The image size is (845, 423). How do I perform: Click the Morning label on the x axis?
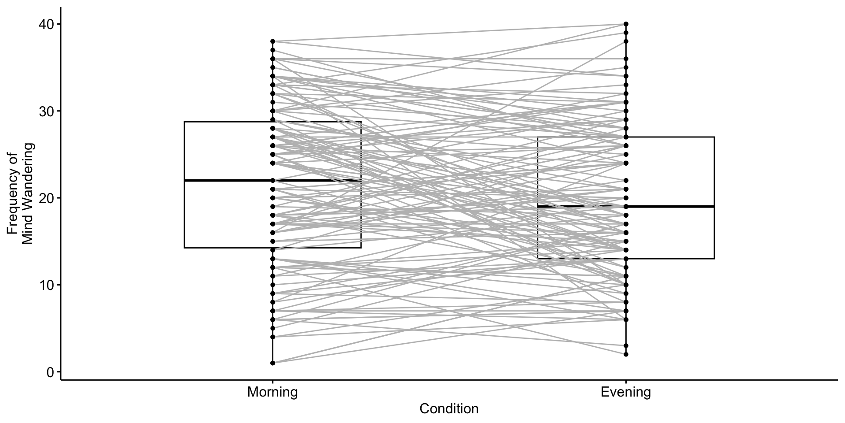(x=272, y=392)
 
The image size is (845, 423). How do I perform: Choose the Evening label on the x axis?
(x=625, y=392)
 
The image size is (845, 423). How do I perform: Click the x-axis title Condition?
(x=449, y=409)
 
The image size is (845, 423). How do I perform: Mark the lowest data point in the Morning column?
(x=272, y=363)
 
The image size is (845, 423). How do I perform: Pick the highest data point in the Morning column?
(x=272, y=41)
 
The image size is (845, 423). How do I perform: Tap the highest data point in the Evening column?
(x=625, y=24)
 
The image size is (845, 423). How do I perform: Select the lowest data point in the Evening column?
(x=625, y=354)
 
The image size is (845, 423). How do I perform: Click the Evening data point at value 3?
(x=625, y=345)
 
